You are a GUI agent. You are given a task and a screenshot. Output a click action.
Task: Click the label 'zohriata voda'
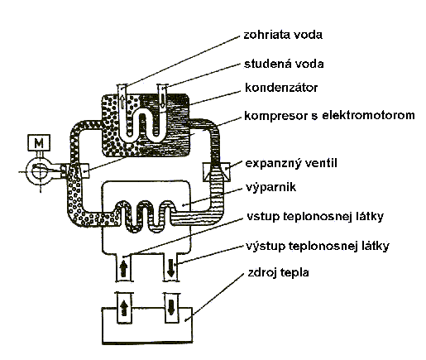pyautogui.click(x=283, y=35)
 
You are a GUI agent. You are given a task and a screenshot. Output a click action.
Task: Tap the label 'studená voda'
pyautogui.click(x=284, y=64)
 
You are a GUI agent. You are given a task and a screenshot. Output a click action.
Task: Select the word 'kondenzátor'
pyautogui.click(x=281, y=88)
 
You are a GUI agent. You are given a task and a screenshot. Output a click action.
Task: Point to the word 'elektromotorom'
pyautogui.click(x=368, y=115)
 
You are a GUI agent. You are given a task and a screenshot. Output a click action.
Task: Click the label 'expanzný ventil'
pyautogui.click(x=291, y=163)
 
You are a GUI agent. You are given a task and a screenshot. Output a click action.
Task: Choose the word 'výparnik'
pyautogui.click(x=270, y=187)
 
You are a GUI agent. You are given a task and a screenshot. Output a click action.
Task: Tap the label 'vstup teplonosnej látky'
pyautogui.click(x=315, y=217)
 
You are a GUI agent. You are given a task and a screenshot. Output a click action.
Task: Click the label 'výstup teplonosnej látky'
pyautogui.click(x=318, y=246)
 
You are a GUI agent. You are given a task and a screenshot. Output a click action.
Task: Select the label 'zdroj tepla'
pyautogui.click(x=278, y=273)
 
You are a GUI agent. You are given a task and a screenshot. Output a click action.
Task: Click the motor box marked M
pyautogui.click(x=39, y=142)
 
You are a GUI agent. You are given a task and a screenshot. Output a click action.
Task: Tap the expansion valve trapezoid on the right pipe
pyautogui.click(x=217, y=171)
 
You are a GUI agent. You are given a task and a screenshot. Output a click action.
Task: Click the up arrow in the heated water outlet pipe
pyautogui.click(x=122, y=101)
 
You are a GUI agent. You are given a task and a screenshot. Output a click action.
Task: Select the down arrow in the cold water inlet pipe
pyautogui.click(x=163, y=100)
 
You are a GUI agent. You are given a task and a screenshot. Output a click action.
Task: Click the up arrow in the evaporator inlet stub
pyautogui.click(x=124, y=269)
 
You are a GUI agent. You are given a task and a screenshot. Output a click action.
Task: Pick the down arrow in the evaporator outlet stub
pyautogui.click(x=171, y=268)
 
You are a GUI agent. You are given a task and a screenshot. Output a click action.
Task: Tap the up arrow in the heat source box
pyautogui.click(x=124, y=308)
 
